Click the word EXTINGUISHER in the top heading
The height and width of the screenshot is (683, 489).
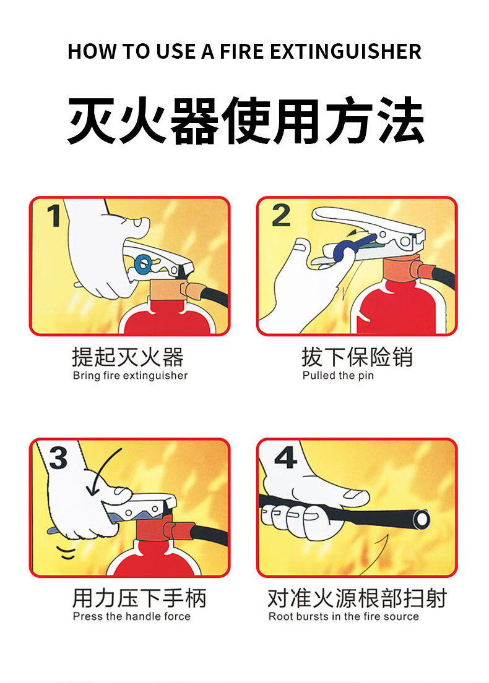pyautogui.click(x=345, y=51)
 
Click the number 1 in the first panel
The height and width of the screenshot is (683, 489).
pyautogui.click(x=54, y=216)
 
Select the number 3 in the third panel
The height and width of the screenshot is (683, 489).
pyautogui.click(x=58, y=457)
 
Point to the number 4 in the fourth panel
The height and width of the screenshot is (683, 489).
pyautogui.click(x=286, y=457)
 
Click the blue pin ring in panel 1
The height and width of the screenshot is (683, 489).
pyautogui.click(x=142, y=263)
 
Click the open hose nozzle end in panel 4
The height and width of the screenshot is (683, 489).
pyautogui.click(x=422, y=519)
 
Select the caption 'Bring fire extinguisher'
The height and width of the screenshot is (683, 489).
pyautogui.click(x=130, y=375)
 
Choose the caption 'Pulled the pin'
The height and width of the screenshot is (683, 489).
pyautogui.click(x=338, y=375)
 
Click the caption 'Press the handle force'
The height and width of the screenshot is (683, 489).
pyautogui.click(x=131, y=616)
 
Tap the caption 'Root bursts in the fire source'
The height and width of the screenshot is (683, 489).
pyautogui.click(x=344, y=616)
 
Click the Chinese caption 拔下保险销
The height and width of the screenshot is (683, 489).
pyautogui.click(x=357, y=357)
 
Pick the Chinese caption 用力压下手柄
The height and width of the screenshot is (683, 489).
pyautogui.click(x=139, y=598)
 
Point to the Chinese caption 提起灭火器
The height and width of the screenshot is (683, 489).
pyautogui.click(x=128, y=357)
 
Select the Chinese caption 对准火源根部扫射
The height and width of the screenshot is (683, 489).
pyautogui.click(x=357, y=598)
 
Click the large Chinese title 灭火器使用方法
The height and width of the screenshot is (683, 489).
pyautogui.click(x=246, y=121)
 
